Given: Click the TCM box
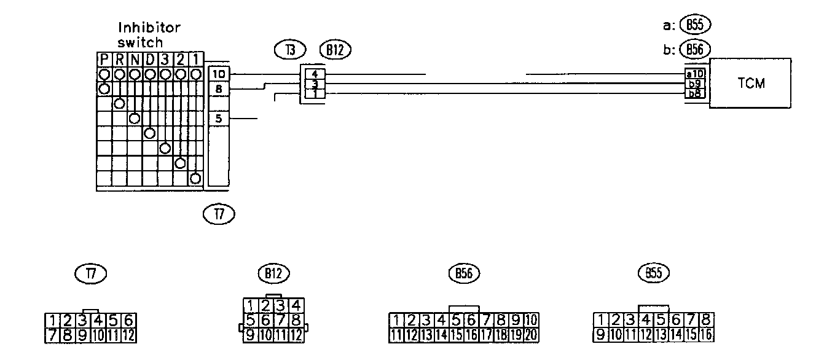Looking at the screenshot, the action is [750, 84].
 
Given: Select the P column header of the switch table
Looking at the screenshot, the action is [104, 60].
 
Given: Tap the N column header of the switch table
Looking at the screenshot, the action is [135, 60].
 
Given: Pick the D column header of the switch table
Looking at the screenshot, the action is [150, 60].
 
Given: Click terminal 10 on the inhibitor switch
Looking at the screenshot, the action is [219, 74].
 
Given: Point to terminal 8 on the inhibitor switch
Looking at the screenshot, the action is [219, 89].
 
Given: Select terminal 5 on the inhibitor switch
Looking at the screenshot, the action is [219, 119].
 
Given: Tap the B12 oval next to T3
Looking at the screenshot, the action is [335, 50].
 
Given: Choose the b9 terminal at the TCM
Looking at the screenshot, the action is [696, 84].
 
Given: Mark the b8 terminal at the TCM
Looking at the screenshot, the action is [696, 93].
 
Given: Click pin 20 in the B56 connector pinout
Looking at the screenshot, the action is [532, 335].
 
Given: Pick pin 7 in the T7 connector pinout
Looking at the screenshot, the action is [53, 335].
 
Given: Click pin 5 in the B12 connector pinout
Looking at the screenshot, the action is [251, 319].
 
